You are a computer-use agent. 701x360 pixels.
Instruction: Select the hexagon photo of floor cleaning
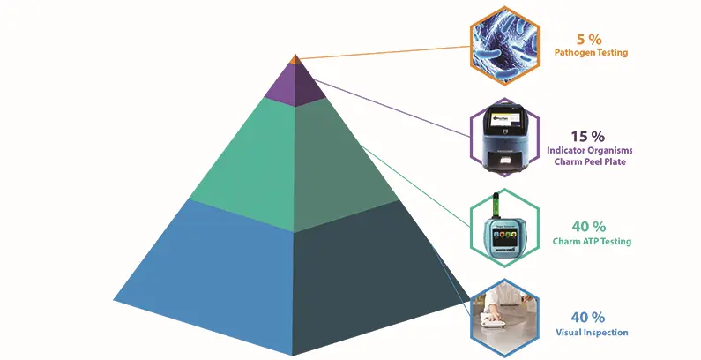tap(502, 317)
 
